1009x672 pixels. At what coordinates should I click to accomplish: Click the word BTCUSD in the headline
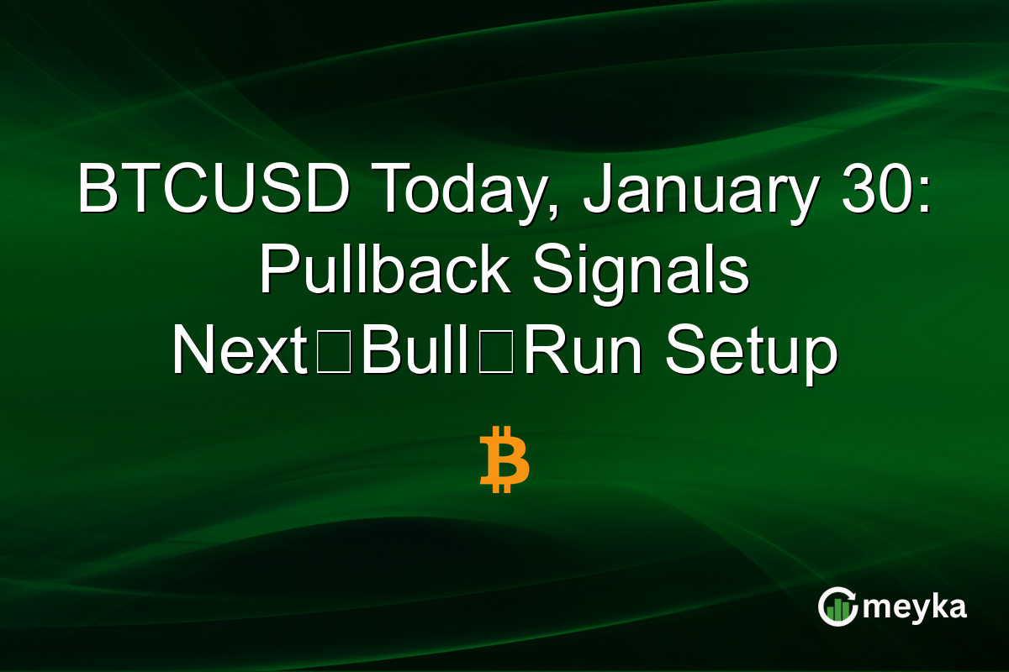214,190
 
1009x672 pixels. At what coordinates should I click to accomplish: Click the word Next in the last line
239,351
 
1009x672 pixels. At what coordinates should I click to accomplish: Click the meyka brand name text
916,606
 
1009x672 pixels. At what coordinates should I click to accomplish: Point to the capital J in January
598,190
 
